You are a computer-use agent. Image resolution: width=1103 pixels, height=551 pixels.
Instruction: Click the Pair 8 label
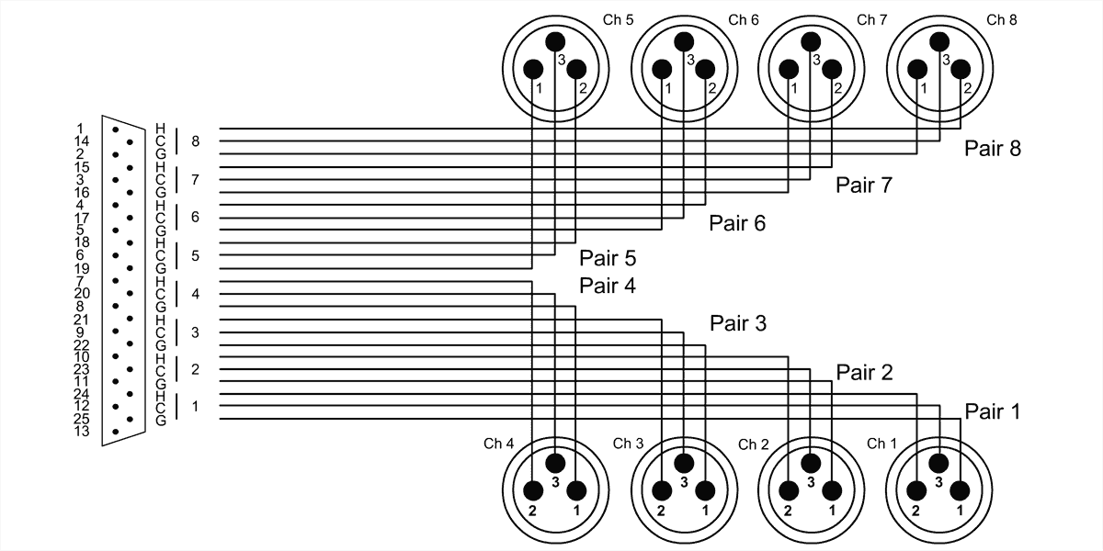coord(993,148)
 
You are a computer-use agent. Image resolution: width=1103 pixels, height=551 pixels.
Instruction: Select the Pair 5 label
coord(608,258)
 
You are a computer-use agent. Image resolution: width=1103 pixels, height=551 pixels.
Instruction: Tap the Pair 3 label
coord(737,323)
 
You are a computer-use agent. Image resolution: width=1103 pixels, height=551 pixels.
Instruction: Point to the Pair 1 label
coord(993,412)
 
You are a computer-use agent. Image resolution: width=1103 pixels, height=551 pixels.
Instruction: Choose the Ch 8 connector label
coord(1001,19)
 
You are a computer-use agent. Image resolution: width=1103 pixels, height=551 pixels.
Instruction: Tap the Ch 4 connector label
coord(498,444)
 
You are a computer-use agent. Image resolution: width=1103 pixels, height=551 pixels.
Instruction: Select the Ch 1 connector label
coord(882,444)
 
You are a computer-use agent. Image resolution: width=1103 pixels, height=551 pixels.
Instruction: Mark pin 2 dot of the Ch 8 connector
coord(961,70)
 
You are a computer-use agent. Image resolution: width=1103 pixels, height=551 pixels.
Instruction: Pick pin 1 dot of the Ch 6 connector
coord(662,70)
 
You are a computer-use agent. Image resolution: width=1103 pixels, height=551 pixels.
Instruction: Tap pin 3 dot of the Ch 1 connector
coord(938,463)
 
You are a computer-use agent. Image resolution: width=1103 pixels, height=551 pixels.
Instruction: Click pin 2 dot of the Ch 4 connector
coord(533,490)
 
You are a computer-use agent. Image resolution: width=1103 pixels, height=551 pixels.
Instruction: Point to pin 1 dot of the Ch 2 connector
coord(832,490)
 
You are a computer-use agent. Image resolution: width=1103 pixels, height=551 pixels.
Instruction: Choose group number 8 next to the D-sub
coord(195,141)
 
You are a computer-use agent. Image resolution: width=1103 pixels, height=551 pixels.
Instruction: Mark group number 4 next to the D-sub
coord(195,294)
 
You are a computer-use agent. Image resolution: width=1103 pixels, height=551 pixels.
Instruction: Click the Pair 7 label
coord(864,186)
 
